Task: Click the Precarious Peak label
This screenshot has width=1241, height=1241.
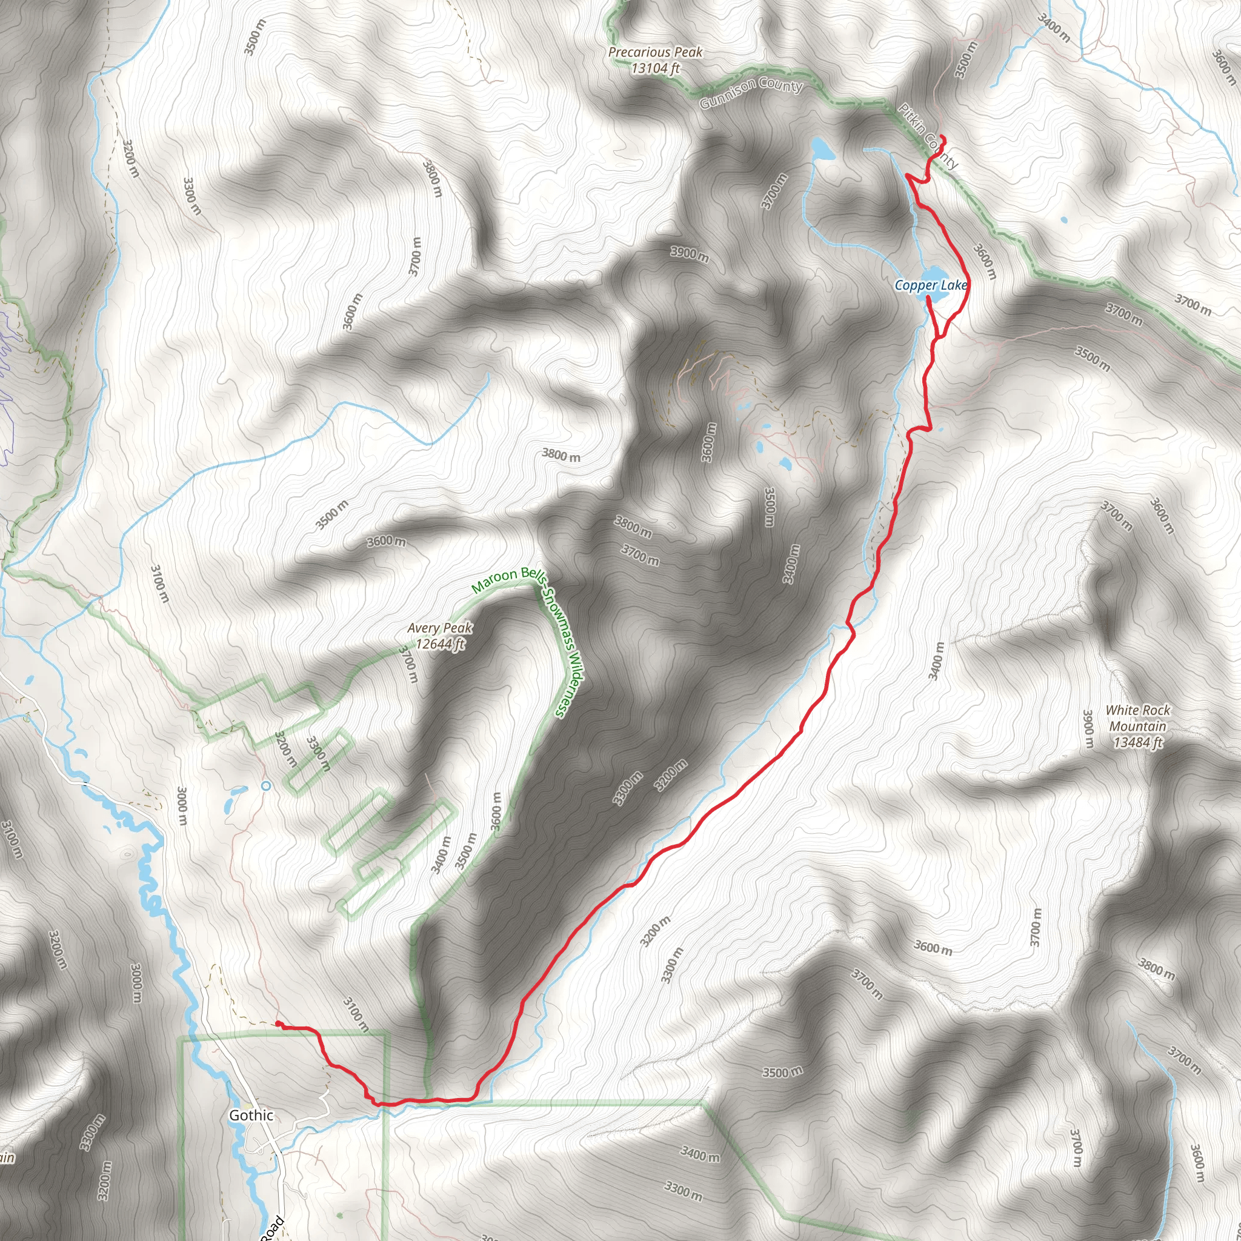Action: (x=655, y=52)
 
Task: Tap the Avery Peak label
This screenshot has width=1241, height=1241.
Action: (x=439, y=628)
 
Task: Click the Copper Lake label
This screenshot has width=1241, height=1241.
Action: (x=930, y=285)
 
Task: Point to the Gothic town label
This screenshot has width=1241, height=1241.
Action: (x=251, y=1116)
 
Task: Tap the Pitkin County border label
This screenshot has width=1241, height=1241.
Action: (x=928, y=136)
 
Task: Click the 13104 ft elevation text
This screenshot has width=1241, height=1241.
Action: (x=655, y=68)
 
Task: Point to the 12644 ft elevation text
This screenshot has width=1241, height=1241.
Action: (x=440, y=644)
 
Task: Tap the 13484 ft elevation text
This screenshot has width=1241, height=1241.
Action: (x=1137, y=743)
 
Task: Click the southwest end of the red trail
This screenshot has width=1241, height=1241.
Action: (x=278, y=1023)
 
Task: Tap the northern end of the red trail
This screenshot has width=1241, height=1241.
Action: (x=942, y=137)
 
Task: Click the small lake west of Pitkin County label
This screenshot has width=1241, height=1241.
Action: (x=822, y=149)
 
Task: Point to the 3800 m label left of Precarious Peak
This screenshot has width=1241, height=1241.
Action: (x=432, y=178)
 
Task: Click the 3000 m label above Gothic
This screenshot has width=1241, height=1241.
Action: (x=182, y=807)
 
